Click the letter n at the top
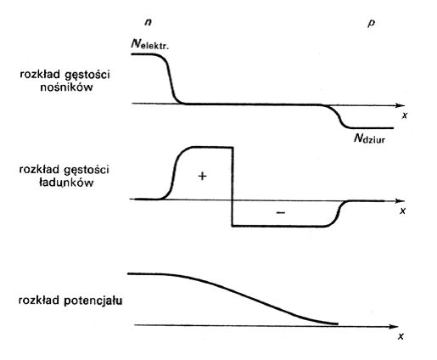click(x=148, y=22)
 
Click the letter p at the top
click(x=371, y=23)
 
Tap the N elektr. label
click(x=149, y=44)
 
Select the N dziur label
click(x=369, y=138)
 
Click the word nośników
click(x=66, y=87)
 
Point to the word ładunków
click(x=66, y=183)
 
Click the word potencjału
click(x=93, y=301)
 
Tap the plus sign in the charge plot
click(x=202, y=176)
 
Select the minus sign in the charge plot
click(x=280, y=212)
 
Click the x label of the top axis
click(x=405, y=115)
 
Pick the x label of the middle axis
click(x=403, y=211)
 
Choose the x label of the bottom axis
click(x=401, y=336)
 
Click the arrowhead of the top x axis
click(x=401, y=105)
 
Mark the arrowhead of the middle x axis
click(x=401, y=201)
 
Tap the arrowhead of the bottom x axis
click(x=394, y=327)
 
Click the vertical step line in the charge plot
click(x=233, y=187)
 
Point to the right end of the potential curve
click(x=338, y=323)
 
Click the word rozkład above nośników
click(x=40, y=75)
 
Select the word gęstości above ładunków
click(x=87, y=171)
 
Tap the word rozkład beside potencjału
click(x=39, y=301)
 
